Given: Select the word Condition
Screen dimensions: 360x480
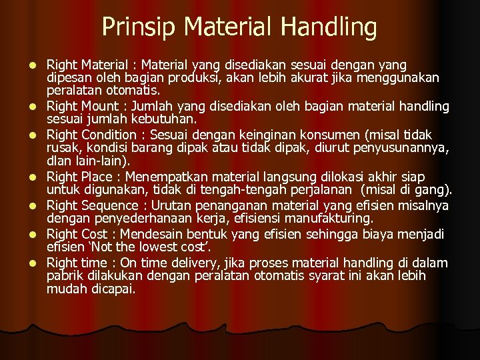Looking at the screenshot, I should [113, 135].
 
